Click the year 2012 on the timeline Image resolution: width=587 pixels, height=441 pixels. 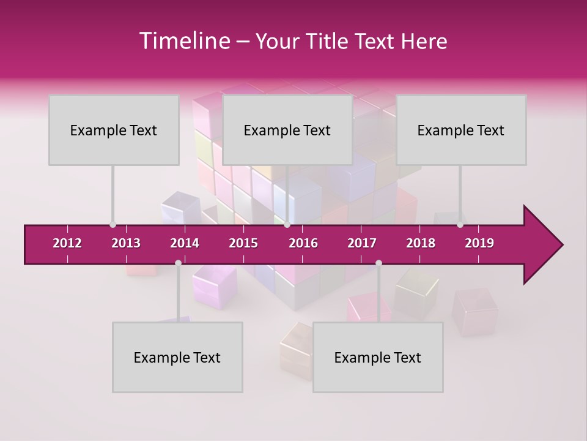[x=67, y=243]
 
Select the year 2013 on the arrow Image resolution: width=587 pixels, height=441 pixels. [x=126, y=243]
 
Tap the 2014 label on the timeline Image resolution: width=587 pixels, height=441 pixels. [x=185, y=243]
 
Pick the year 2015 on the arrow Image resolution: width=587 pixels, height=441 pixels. [x=243, y=243]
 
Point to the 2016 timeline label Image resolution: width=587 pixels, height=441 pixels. [x=303, y=243]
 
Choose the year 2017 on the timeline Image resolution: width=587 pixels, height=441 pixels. [x=362, y=243]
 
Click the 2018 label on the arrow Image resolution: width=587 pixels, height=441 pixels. [x=421, y=243]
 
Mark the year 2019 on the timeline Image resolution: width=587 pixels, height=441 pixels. [x=479, y=243]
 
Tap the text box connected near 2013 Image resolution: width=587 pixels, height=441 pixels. [x=114, y=130]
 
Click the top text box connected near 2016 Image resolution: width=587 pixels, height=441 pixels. [x=287, y=130]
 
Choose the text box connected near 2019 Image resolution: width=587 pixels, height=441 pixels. [x=461, y=130]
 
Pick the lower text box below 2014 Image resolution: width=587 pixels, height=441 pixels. [x=177, y=357]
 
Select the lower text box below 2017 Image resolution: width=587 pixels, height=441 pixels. [x=378, y=357]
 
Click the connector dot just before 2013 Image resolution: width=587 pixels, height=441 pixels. [x=113, y=225]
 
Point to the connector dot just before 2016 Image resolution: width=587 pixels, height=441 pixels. [x=287, y=225]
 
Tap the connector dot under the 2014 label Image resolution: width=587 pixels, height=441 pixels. [x=178, y=263]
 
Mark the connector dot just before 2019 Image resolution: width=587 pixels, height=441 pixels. [x=460, y=225]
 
